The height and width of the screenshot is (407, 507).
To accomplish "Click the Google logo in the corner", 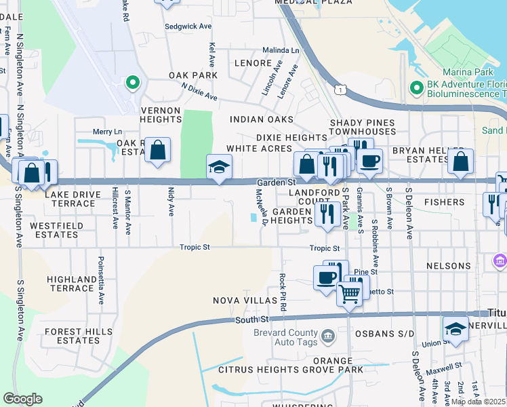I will [22, 399].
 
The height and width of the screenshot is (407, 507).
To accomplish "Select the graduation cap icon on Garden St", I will [219, 168].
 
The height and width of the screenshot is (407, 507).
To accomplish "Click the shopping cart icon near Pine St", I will [349, 293].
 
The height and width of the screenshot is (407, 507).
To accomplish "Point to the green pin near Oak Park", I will [133, 83].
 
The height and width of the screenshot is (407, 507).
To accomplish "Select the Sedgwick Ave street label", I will [188, 26].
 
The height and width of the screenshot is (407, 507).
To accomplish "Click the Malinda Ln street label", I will [281, 50].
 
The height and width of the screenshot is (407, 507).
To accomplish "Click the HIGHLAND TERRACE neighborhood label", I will [72, 284].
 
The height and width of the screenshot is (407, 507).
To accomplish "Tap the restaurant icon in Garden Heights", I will [327, 214].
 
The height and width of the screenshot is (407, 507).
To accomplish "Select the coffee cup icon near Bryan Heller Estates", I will [369, 161].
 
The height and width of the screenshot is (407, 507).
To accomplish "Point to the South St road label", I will [252, 319].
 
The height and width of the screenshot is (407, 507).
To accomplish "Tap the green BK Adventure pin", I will [417, 87].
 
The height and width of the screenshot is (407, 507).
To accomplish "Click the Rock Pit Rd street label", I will [283, 292].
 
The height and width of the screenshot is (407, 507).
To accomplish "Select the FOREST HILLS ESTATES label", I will [73, 337].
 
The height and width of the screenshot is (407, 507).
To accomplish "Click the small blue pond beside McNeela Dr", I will [254, 218].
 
